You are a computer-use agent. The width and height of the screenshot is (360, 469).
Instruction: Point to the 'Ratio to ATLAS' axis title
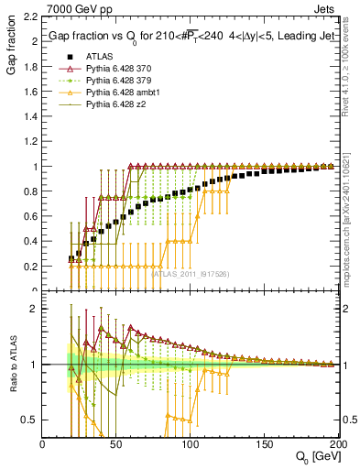[x=12, y=365]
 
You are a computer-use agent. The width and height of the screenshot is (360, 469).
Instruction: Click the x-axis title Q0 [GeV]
[x=315, y=456]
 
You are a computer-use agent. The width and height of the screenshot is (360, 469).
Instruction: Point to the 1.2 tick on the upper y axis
[x=30, y=142]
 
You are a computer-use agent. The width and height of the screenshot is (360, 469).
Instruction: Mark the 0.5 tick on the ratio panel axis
[x=31, y=420]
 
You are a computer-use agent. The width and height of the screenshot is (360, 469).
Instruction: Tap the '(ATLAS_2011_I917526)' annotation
[x=191, y=274]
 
